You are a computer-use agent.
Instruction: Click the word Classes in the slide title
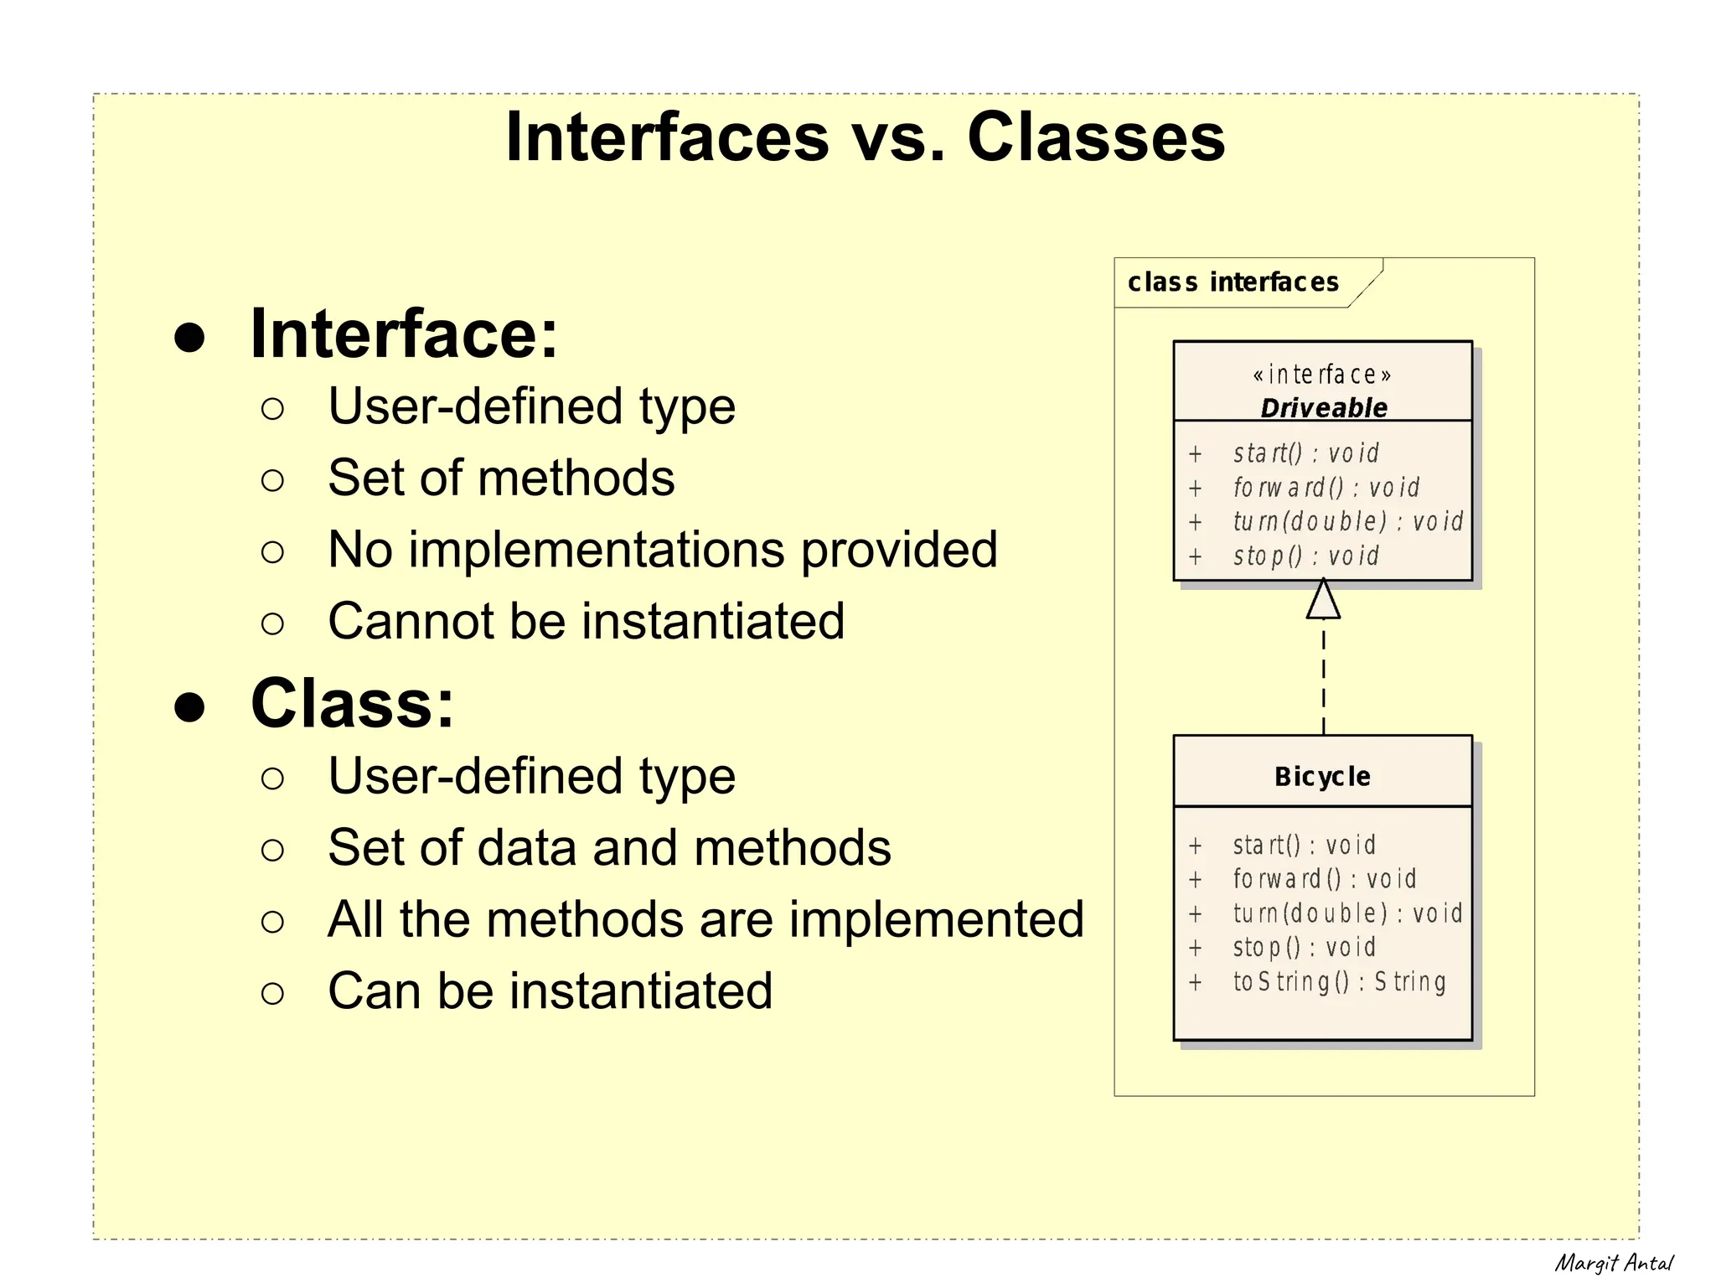click(x=1095, y=137)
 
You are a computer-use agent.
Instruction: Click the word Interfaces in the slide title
click(x=668, y=137)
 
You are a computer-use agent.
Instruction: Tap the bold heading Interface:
click(x=404, y=334)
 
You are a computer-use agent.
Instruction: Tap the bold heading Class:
click(x=352, y=704)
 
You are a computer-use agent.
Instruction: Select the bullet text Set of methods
click(x=501, y=478)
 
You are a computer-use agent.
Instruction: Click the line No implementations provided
click(x=662, y=550)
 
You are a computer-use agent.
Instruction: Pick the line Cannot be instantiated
click(x=586, y=621)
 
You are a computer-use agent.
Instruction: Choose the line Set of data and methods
click(x=609, y=848)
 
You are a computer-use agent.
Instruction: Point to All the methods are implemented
click(x=706, y=919)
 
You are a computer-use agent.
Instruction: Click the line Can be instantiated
click(x=550, y=991)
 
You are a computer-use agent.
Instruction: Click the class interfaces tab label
click(x=1233, y=282)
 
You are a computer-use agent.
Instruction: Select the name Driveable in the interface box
click(x=1323, y=408)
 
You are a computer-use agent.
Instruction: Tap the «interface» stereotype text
click(x=1322, y=374)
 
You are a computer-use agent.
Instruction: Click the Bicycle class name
click(x=1322, y=777)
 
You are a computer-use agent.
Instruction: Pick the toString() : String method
click(x=1339, y=981)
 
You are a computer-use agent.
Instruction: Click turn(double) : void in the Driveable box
click(x=1347, y=521)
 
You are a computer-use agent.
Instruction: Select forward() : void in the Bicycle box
click(x=1324, y=879)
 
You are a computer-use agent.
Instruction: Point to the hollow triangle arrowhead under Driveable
click(x=1323, y=600)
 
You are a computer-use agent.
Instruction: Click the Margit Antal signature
click(x=1613, y=1263)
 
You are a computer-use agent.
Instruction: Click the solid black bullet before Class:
click(x=190, y=706)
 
